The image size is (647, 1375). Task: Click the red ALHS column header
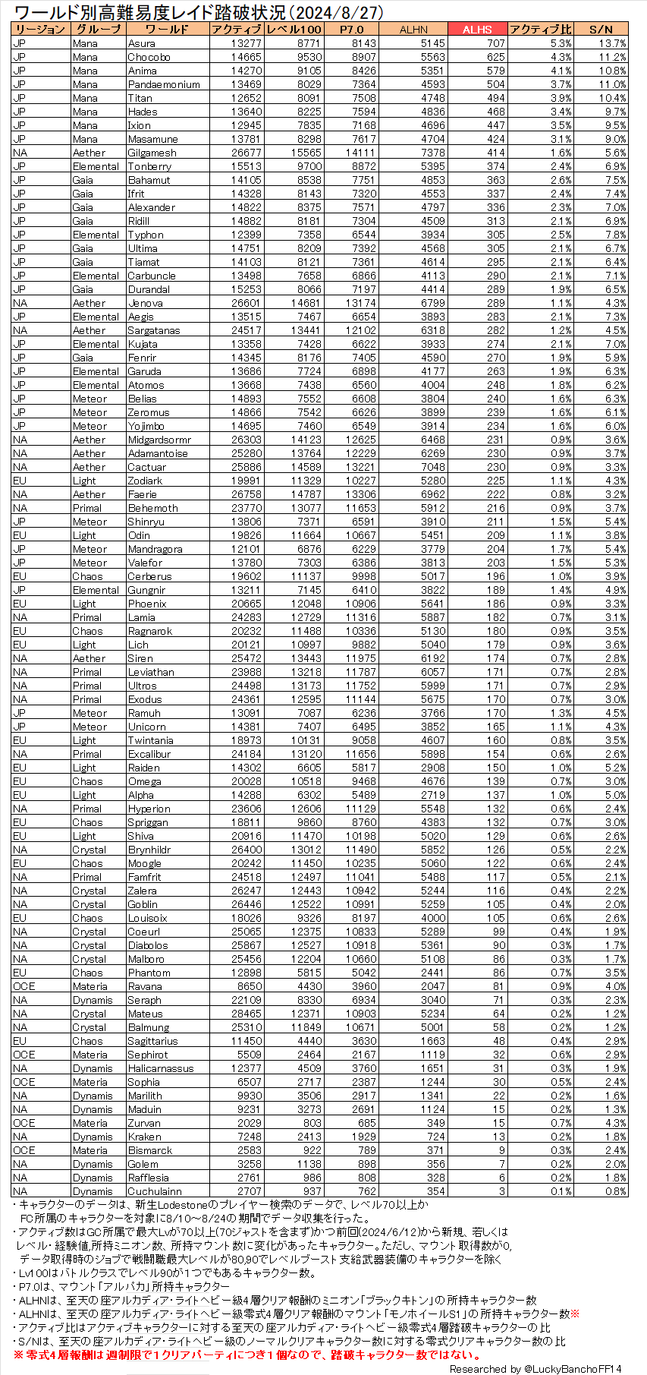477,30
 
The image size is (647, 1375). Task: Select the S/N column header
601,30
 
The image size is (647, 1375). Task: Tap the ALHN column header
413,30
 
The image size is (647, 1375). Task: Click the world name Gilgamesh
152,153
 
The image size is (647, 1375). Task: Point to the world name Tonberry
149,166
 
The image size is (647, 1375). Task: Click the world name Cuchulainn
155,1191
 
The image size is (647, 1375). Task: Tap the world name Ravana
145,986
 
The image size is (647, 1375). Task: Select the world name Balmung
149,1027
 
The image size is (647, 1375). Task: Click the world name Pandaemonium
164,84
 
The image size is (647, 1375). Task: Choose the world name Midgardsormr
159,440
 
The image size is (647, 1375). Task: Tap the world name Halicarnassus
161,1068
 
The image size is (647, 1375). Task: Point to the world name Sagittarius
152,1041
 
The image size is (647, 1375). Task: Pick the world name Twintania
150,740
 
